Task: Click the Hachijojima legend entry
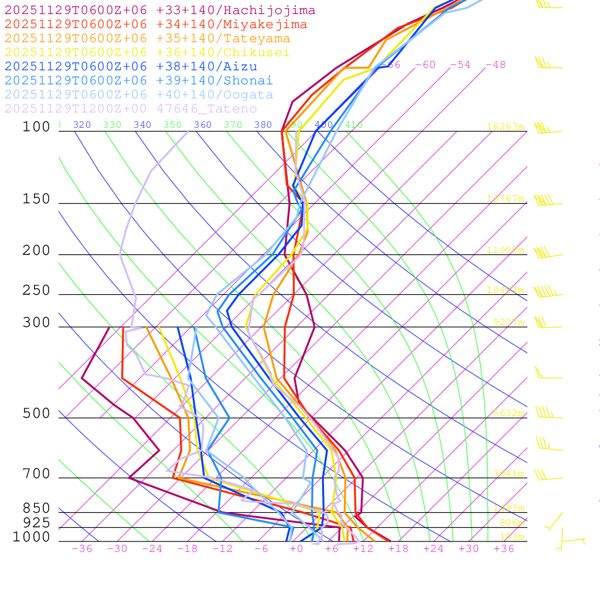pyautogui.click(x=159, y=11)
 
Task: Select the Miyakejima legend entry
pyautogui.click(x=155, y=25)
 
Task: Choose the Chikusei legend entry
pyautogui.click(x=146, y=53)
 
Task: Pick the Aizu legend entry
pyautogui.click(x=130, y=67)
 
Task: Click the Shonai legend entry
pyautogui.click(x=138, y=81)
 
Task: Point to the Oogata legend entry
pyautogui.click(x=138, y=95)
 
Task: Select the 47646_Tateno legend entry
pyautogui.click(x=130, y=109)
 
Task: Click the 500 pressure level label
pyautogui.click(x=36, y=414)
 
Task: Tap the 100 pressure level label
pyautogui.click(x=36, y=127)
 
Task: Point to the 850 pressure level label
pyautogui.click(x=36, y=508)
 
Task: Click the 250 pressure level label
pyautogui.click(x=36, y=291)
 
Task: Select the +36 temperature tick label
pyautogui.click(x=504, y=549)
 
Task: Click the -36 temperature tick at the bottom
pyautogui.click(x=82, y=549)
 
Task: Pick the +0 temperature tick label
pyautogui.click(x=296, y=549)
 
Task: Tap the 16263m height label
pyautogui.click(x=506, y=127)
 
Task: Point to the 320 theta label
pyautogui.click(x=82, y=125)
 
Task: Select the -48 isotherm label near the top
pyautogui.click(x=496, y=65)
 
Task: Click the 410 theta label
pyautogui.click(x=354, y=125)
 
